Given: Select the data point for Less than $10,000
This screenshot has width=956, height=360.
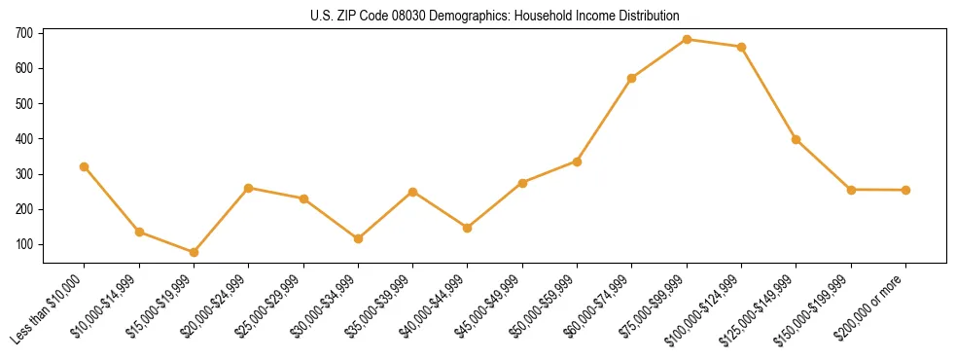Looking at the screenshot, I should click(85, 166).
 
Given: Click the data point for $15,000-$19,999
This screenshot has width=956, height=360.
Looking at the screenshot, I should click(195, 252).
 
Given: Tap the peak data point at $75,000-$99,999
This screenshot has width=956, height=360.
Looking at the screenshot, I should click(688, 39).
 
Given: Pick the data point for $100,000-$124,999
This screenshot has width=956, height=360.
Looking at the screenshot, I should click(742, 47).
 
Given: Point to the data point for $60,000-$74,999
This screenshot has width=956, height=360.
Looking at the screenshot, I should click(632, 78).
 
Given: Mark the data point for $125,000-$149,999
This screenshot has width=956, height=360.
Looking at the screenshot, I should click(797, 139).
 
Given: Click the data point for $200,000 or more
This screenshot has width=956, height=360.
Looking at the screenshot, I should click(906, 190).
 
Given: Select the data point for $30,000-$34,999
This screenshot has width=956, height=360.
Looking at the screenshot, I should click(358, 238).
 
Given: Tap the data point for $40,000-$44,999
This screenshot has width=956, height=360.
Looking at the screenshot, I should click(468, 228).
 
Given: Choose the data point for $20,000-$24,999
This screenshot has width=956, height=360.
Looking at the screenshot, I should click(249, 188).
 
